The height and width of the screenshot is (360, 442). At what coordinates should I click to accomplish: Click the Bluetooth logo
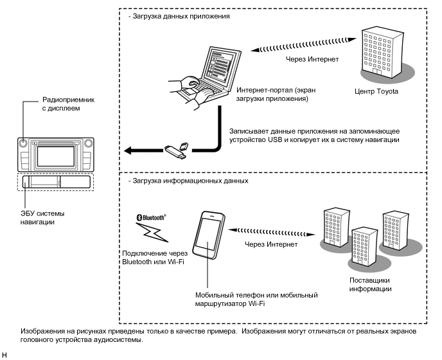coord(152,217)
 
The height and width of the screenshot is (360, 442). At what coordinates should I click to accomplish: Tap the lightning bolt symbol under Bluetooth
coord(152,233)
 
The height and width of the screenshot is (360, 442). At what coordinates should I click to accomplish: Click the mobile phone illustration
coord(209,235)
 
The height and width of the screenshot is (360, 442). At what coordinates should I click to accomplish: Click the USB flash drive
coord(175,152)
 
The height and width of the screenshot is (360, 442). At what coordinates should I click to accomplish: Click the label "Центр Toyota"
coord(376,91)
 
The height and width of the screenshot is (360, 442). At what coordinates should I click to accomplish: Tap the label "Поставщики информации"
coord(370,284)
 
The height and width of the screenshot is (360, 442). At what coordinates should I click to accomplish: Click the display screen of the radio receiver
coord(55,156)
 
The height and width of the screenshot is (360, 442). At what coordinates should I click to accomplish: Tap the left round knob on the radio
coord(23,143)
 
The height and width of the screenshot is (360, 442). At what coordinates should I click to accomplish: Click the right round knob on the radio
coord(88,143)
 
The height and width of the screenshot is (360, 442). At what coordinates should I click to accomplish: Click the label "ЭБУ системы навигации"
coord(42,217)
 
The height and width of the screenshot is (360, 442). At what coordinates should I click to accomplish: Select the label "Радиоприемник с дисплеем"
coord(68,104)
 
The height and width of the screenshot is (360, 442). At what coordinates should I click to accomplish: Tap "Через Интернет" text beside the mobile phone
coord(271,244)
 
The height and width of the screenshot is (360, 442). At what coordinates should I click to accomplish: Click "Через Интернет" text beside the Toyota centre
coord(312,59)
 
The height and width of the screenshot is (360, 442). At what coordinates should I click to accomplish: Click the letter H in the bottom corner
coord(4,355)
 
